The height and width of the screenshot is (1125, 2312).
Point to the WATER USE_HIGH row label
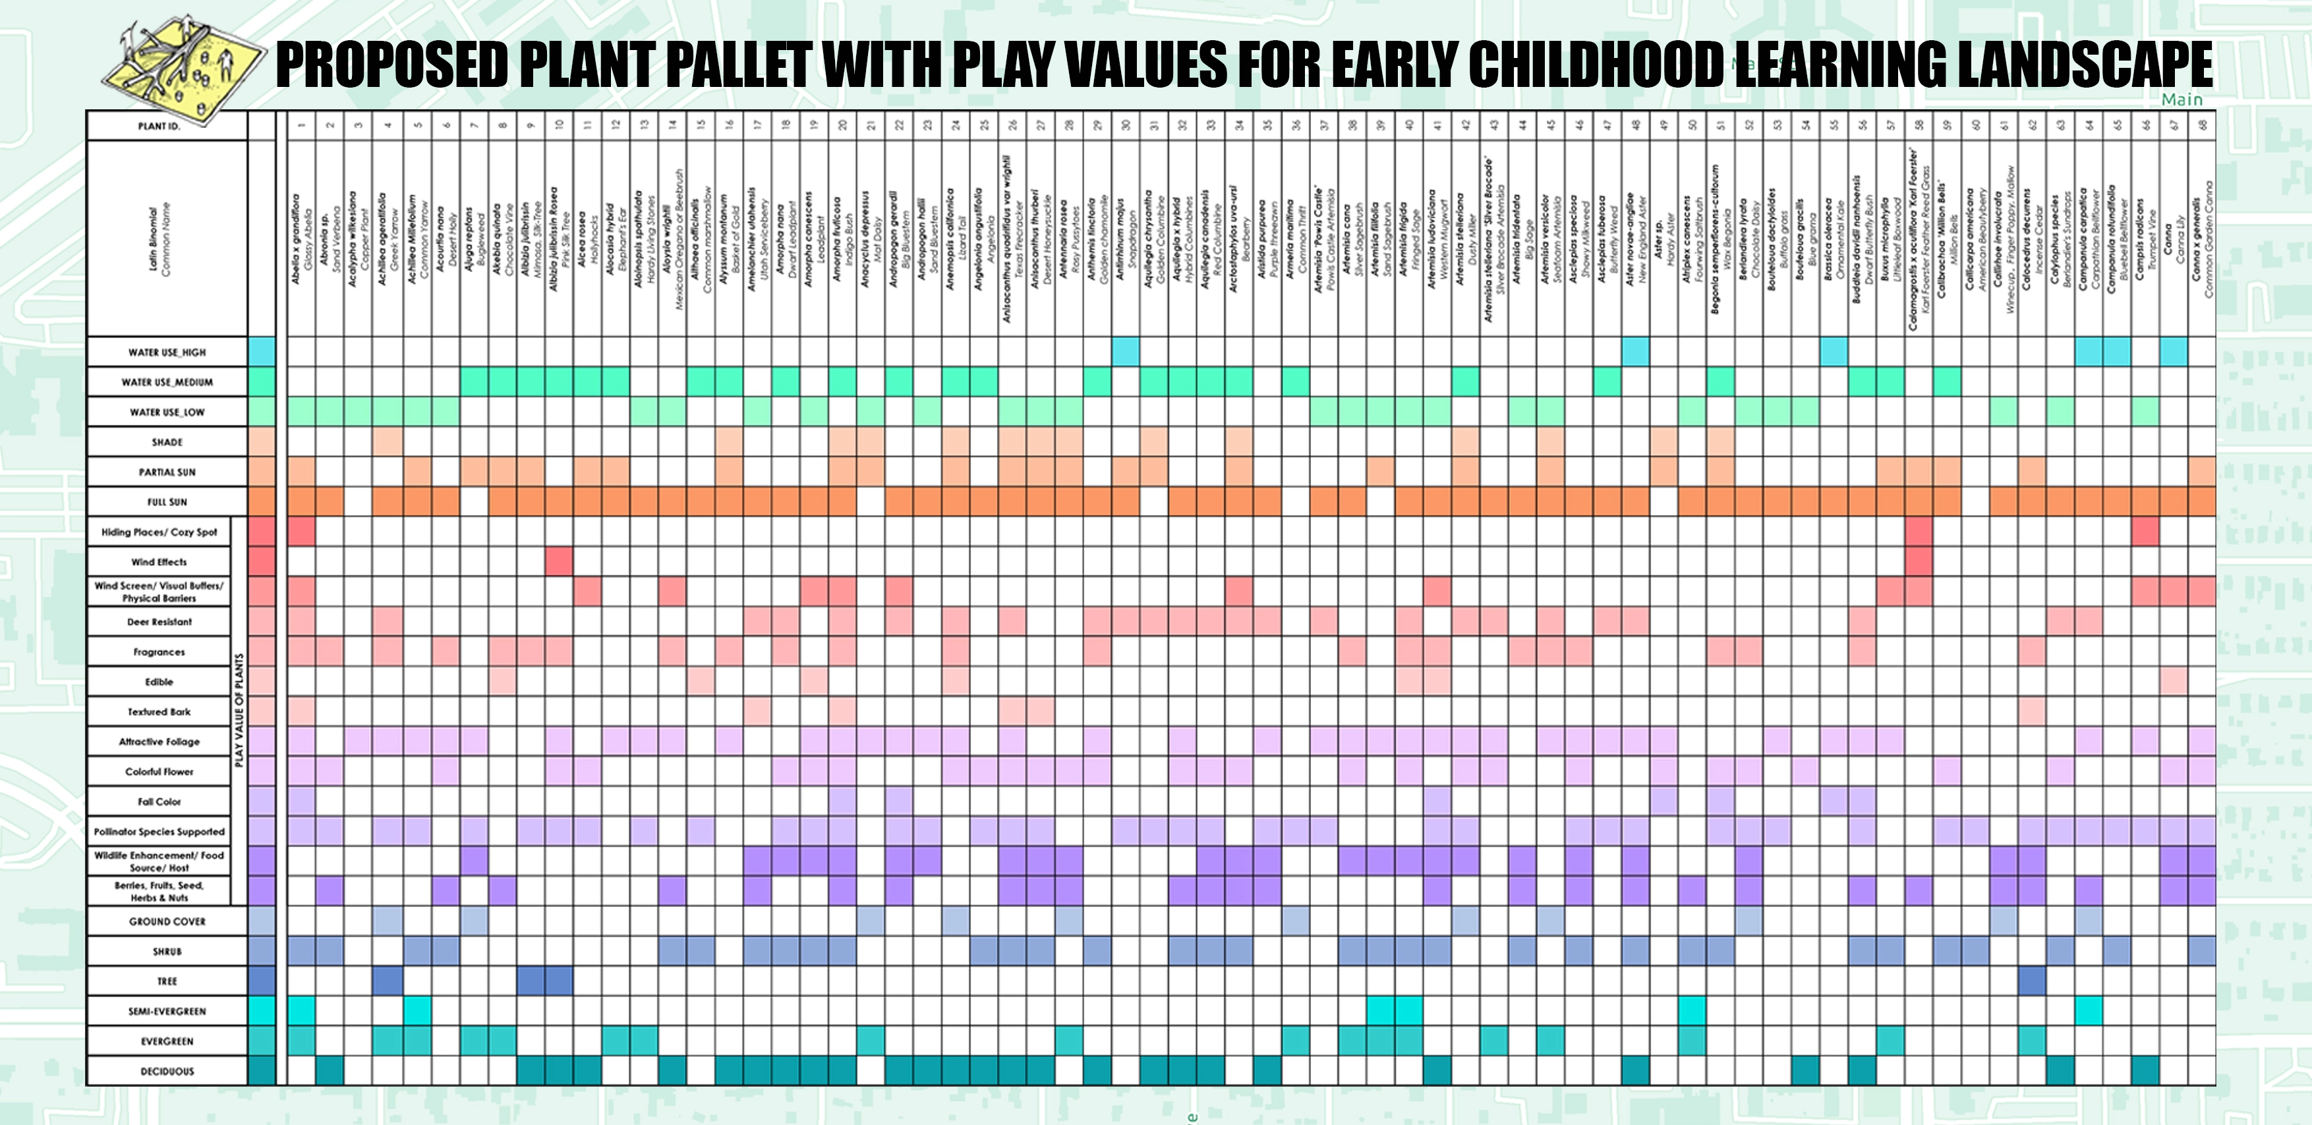(x=167, y=352)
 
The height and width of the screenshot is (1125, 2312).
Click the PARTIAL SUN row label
(x=167, y=472)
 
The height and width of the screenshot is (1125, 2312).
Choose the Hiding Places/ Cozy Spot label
(x=159, y=532)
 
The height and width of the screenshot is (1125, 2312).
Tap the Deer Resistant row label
(x=159, y=622)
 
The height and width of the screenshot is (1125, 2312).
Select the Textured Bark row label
(x=159, y=711)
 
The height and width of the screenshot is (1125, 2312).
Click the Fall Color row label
(x=159, y=801)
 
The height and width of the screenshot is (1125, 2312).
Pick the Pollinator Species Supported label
(x=159, y=832)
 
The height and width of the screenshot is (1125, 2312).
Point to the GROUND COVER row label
(x=167, y=921)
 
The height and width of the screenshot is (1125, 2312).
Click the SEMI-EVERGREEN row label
(x=167, y=1011)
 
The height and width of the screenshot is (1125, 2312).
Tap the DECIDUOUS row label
(x=167, y=1071)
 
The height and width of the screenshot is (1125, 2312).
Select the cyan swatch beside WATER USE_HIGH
(x=261, y=352)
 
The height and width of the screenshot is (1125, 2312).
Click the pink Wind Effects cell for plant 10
(x=558, y=562)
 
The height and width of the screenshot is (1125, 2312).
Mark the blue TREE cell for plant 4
(x=387, y=981)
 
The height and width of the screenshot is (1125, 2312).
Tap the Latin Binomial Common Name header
(x=159, y=238)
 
